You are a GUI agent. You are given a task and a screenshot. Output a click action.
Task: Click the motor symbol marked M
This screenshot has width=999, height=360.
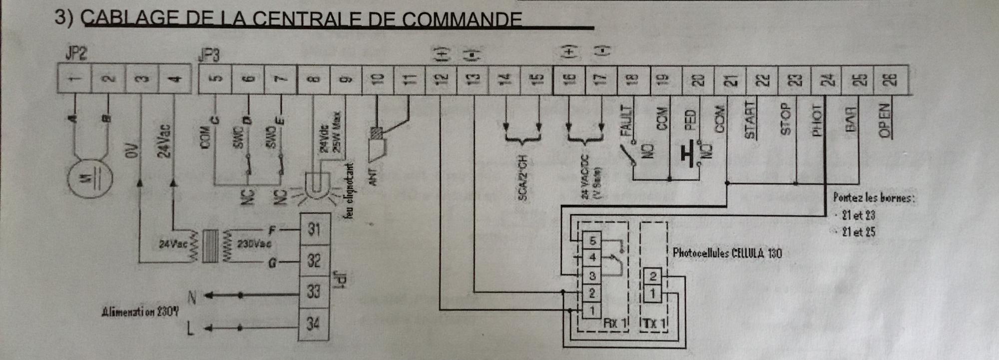[x=90, y=178]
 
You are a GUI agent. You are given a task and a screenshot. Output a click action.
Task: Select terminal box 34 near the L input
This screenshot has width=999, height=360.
[x=313, y=324]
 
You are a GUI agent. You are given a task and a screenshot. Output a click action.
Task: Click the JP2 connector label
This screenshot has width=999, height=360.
[x=75, y=53]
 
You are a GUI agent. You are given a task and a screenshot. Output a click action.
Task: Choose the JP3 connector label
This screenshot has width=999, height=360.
[x=209, y=54]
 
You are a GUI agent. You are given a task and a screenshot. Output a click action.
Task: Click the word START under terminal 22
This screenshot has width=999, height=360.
[x=749, y=119]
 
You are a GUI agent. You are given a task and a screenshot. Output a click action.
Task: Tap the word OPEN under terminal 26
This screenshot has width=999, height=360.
[x=884, y=120]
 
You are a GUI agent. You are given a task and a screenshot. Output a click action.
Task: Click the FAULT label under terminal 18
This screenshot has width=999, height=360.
[x=625, y=120]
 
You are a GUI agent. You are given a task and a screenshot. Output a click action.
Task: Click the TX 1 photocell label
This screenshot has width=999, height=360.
[x=654, y=323]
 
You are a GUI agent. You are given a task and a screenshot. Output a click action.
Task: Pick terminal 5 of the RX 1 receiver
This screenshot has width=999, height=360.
[x=592, y=241]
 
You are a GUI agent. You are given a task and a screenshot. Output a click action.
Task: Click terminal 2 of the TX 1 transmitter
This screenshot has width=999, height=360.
[x=652, y=276]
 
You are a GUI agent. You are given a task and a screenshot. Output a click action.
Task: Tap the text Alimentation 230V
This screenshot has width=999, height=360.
[x=140, y=312]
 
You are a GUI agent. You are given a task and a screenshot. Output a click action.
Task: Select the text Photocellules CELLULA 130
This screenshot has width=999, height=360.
[x=727, y=253]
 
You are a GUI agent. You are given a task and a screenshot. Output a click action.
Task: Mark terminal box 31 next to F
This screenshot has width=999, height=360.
[x=314, y=229]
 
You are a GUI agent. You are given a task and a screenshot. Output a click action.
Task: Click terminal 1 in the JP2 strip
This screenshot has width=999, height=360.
[x=74, y=79]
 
